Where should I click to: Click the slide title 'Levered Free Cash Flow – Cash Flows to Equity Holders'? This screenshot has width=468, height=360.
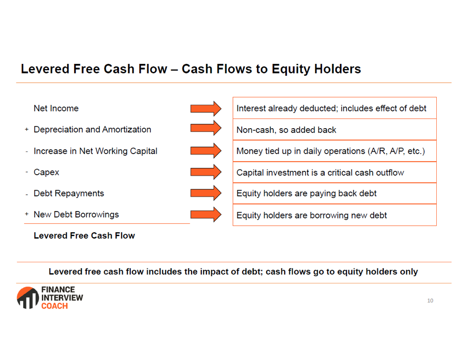pos(191,69)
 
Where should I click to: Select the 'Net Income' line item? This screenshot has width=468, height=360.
pos(56,108)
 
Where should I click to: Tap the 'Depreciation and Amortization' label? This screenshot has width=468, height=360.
pos(93,130)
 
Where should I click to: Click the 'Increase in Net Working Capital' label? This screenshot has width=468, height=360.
pos(96,151)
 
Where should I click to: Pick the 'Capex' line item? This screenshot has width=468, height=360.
pos(46,172)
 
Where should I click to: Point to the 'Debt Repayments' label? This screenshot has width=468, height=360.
pos(69,193)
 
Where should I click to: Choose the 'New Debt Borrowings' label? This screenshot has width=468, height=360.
pos(76,215)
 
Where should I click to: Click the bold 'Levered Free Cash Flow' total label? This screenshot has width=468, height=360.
pos(84,236)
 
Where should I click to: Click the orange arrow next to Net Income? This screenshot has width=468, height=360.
pos(206,108)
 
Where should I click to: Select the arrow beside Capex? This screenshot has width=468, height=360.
pos(206,172)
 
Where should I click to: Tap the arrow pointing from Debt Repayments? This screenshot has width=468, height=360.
pos(206,193)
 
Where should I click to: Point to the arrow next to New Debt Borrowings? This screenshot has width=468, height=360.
pos(206,215)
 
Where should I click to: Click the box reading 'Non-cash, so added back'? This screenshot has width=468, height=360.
pos(334,130)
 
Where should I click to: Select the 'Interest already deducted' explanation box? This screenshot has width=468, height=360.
pos(334,108)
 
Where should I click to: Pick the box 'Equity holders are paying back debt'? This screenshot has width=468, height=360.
pos(334,193)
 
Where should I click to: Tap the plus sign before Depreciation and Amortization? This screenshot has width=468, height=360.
pos(26,130)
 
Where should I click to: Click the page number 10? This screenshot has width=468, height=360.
pos(430,300)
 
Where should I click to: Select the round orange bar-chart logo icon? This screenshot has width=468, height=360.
pos(28,298)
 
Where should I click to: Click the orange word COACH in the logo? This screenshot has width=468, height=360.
pos(55,306)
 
